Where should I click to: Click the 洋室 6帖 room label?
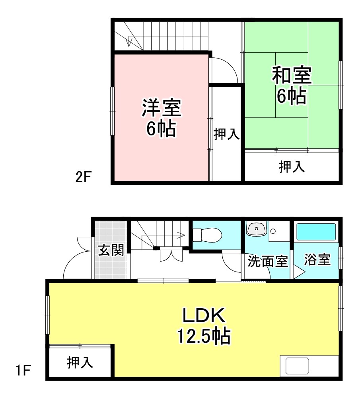[x=161, y=118]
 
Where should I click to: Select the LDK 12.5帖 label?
[x=204, y=327]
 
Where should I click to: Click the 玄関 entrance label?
[x=111, y=251]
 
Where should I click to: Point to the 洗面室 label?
[x=267, y=262]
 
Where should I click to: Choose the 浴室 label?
[x=317, y=260]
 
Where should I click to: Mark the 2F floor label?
[x=84, y=177]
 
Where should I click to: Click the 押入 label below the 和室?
[x=292, y=168]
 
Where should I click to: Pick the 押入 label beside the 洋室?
[x=226, y=135]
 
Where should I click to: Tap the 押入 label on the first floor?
[x=80, y=363]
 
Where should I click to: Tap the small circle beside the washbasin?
[x=272, y=231]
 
